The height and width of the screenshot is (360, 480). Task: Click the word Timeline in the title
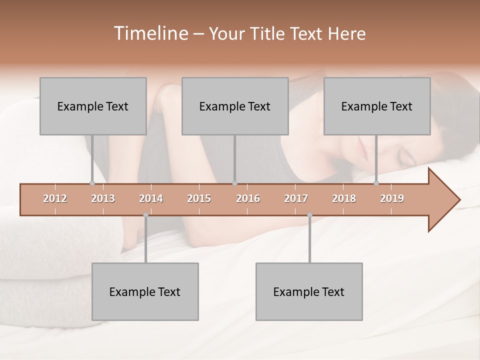(x=150, y=33)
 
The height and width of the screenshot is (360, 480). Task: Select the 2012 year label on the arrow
(x=55, y=198)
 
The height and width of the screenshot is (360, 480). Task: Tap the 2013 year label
(x=103, y=198)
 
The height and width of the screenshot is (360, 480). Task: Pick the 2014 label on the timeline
(x=151, y=198)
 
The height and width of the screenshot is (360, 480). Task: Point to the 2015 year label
(x=199, y=198)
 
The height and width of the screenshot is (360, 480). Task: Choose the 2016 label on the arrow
(x=248, y=198)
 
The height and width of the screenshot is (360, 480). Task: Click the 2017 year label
(x=296, y=198)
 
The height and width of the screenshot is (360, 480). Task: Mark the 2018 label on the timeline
(x=344, y=198)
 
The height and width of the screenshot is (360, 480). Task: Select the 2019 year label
(x=392, y=198)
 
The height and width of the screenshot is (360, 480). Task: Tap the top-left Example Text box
(x=93, y=106)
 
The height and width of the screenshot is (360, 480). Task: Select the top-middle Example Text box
(x=235, y=106)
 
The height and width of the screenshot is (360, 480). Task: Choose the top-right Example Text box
(x=377, y=106)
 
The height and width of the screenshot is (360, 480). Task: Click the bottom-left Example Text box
(x=145, y=291)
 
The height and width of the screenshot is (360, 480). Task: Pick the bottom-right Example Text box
(x=309, y=291)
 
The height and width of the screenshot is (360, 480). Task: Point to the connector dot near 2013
(x=92, y=183)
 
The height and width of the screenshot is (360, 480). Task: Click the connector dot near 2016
(x=234, y=183)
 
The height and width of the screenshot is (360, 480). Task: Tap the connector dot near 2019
(x=376, y=183)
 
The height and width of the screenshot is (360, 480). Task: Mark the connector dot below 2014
(x=145, y=215)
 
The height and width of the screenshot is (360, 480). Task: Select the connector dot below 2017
(x=309, y=215)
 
